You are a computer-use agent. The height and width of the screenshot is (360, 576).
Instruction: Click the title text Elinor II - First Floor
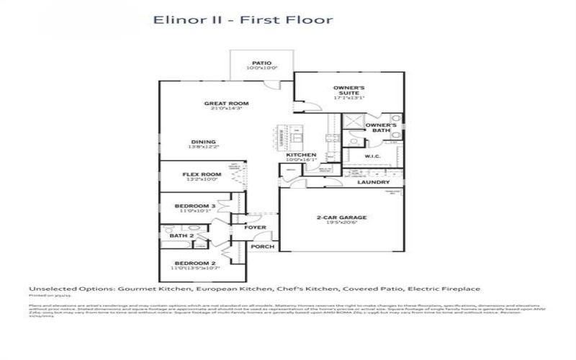(243, 19)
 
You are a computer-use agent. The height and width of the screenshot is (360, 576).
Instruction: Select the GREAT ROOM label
(220, 103)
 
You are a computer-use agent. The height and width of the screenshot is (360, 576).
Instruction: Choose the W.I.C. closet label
(372, 155)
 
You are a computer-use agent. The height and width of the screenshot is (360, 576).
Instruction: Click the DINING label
(204, 142)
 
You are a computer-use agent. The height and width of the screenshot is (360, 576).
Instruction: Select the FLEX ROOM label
(201, 174)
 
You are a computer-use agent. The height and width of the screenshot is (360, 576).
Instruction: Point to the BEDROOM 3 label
(193, 207)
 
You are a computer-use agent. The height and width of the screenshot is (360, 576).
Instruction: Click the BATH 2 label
(181, 235)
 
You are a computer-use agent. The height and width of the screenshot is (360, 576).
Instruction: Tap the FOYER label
(256, 228)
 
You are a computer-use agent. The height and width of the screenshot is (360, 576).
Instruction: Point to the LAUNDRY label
(374, 182)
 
